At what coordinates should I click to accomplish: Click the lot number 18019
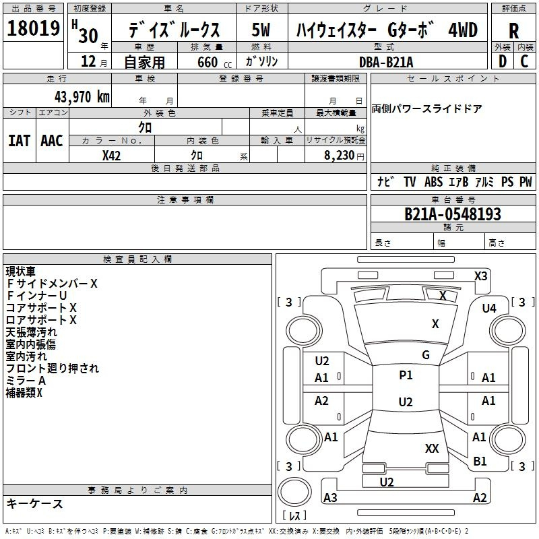33,28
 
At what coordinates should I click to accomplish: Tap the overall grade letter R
513,30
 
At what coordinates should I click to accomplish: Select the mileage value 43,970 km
82,97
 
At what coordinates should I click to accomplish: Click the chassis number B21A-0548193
453,214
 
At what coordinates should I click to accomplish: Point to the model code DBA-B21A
386,62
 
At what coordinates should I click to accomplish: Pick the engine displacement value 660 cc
214,63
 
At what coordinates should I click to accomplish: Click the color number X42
111,156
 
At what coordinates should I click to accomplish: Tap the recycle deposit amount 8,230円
344,156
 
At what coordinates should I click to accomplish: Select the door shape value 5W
261,30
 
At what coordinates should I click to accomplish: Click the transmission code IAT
19,141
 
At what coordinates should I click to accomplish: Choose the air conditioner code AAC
52,141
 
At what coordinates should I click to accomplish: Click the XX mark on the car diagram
432,448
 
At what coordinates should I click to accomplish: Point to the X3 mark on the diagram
480,276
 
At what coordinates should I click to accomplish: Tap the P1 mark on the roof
406,375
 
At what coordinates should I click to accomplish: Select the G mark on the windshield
426,355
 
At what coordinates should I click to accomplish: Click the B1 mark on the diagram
480,462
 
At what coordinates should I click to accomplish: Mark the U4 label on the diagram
489,309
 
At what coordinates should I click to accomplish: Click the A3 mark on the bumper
330,497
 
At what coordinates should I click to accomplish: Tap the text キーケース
35,504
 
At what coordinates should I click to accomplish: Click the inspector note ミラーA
26,381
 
